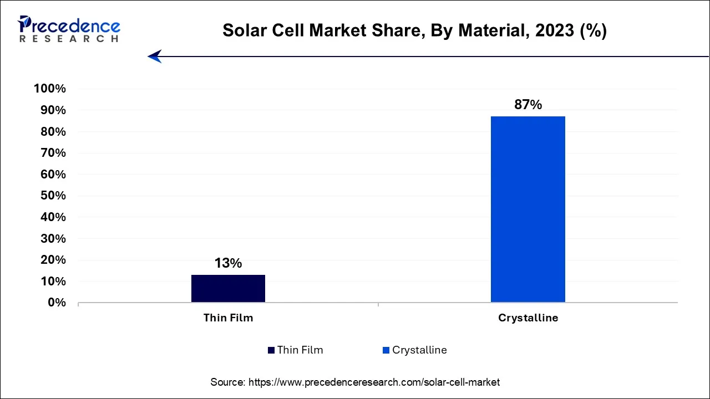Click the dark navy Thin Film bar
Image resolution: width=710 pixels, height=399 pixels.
click(x=228, y=288)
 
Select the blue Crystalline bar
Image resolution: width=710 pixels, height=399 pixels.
click(x=528, y=209)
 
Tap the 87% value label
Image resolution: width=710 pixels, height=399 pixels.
click(x=528, y=105)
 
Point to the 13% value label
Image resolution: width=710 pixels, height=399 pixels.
click(x=228, y=263)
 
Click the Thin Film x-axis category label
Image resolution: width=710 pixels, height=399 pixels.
click(x=228, y=318)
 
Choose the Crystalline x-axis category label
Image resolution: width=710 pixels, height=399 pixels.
click(x=528, y=318)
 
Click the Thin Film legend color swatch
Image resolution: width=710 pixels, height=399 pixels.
click(x=271, y=350)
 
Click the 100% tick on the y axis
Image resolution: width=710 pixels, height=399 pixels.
click(x=50, y=89)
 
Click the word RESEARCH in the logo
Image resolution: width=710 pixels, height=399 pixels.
click(x=69, y=39)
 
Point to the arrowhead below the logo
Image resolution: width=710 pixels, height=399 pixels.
click(x=154, y=56)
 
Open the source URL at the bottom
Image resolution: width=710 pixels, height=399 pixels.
click(x=373, y=382)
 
